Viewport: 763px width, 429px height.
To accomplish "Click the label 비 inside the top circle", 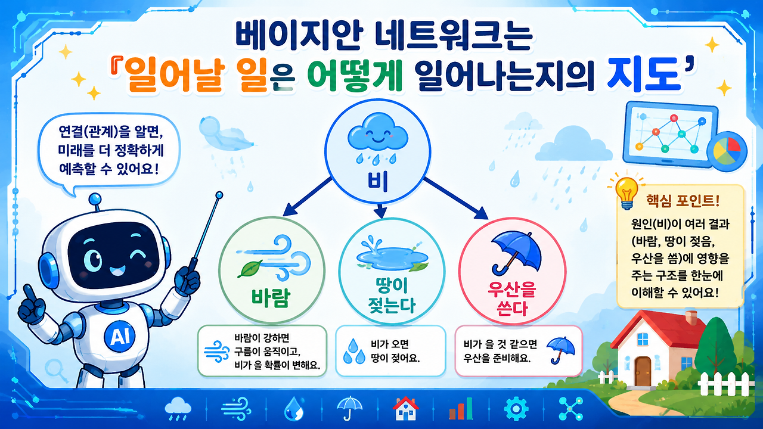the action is [x=377, y=182].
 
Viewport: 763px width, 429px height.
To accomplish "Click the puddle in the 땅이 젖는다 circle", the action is [x=392, y=256].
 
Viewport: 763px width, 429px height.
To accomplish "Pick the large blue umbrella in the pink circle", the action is [x=516, y=253].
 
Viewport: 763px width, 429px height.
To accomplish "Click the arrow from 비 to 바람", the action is [x=307, y=197].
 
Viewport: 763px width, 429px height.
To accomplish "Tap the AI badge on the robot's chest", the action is [x=119, y=337].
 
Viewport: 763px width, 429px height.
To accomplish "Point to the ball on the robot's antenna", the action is [x=95, y=198].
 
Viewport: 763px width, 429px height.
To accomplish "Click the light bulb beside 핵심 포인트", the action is [x=626, y=192].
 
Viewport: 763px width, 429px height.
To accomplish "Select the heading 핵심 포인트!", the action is [x=683, y=201].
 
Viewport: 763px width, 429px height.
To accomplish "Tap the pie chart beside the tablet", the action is [x=727, y=151].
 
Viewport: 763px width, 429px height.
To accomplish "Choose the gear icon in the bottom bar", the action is [x=516, y=409].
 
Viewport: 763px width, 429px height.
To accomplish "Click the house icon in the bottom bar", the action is [x=405, y=409].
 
